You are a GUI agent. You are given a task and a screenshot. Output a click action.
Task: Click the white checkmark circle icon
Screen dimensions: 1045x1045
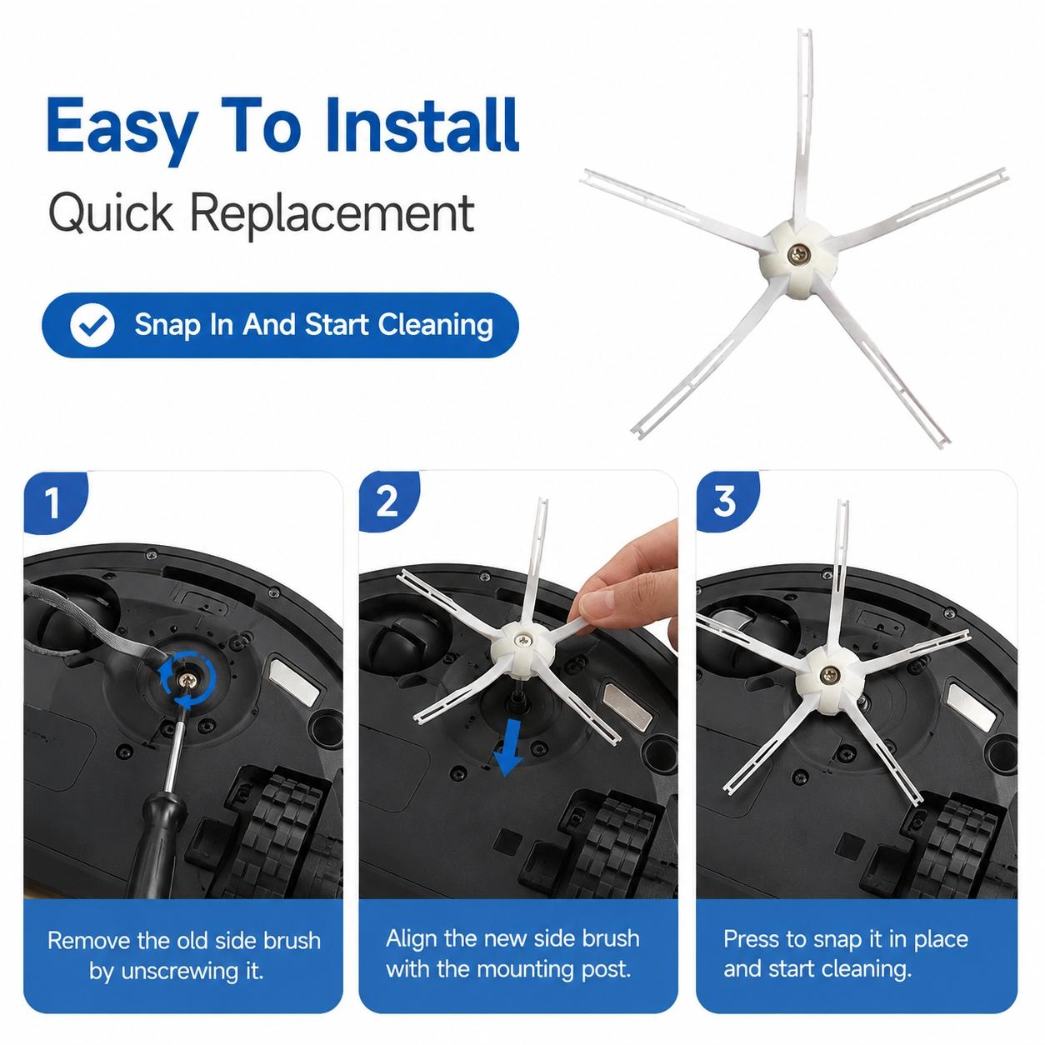[92, 325]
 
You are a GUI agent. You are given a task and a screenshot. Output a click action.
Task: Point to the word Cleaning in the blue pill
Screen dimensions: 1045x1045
[435, 325]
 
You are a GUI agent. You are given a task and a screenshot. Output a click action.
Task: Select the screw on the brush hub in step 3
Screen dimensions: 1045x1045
[829, 675]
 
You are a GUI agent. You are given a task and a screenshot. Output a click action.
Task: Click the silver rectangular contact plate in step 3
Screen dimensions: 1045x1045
[971, 707]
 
